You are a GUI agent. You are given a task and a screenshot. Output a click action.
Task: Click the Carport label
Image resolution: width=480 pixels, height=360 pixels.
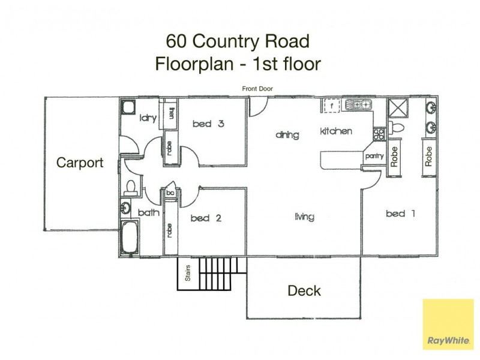pos(80,162)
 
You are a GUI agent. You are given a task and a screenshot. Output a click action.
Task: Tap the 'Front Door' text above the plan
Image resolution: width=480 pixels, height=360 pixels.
pos(258,89)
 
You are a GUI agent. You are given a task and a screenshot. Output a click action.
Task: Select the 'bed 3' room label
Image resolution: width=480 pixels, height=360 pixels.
pos(208,124)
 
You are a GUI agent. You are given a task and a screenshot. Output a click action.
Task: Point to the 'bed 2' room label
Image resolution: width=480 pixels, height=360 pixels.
pos(206,218)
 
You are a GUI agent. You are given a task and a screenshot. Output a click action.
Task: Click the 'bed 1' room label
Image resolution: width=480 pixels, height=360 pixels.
pos(400,213)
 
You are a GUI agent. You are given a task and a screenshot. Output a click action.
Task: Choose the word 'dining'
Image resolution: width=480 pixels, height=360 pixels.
pos(287,135)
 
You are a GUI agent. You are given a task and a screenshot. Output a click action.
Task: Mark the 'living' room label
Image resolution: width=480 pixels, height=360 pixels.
pos(304,217)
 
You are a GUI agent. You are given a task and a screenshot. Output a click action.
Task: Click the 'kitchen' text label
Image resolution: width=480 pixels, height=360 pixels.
pos(335,131)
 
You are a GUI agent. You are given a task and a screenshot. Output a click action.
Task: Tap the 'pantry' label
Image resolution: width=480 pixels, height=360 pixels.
pos(374,156)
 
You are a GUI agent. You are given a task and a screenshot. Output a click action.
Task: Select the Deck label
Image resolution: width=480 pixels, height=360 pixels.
pos(304,291)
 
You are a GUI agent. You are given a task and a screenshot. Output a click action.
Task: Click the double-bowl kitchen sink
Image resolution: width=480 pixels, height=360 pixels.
pos(358,105)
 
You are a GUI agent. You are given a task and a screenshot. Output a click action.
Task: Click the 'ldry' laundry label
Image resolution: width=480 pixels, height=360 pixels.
pos(148,118)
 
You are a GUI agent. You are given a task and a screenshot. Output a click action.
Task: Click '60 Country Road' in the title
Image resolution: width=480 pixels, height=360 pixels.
pos(238,41)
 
